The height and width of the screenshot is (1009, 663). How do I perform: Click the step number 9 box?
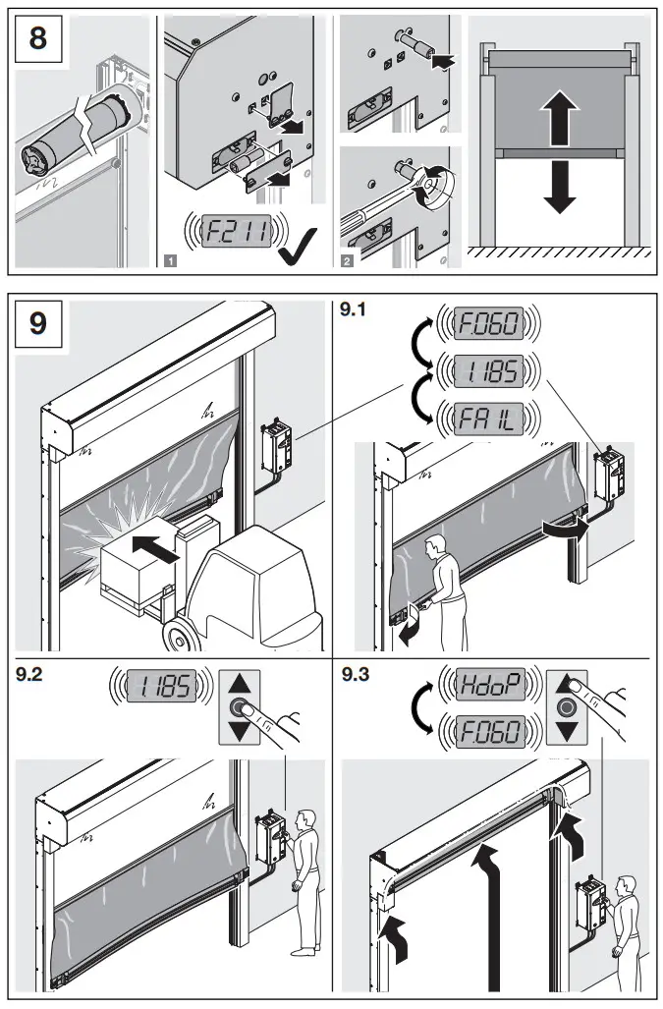click(x=38, y=322)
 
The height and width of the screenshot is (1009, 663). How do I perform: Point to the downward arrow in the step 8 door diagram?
click(x=559, y=187)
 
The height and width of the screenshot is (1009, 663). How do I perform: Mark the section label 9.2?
click(x=32, y=674)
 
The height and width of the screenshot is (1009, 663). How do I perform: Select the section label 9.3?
click(x=355, y=674)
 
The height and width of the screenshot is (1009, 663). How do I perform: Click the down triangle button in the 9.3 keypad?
click(x=564, y=733)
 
